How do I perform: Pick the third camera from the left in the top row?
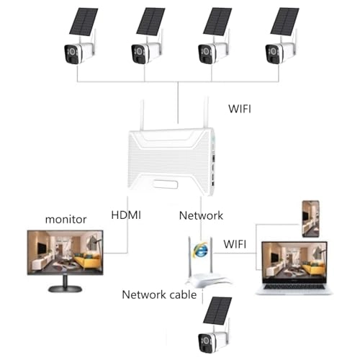(x=210, y=53)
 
